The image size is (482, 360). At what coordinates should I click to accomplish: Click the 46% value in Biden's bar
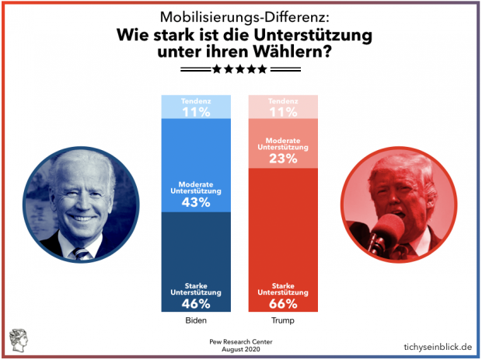(195, 305)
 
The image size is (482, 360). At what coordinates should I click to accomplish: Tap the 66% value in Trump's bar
(284, 305)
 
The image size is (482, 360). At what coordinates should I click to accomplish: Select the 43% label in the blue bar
(195, 202)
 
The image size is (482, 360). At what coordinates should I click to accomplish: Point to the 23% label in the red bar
(284, 158)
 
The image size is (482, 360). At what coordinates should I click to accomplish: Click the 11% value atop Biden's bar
(195, 112)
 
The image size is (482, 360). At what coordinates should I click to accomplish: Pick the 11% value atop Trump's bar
(284, 112)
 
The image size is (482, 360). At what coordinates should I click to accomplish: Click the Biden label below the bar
(195, 320)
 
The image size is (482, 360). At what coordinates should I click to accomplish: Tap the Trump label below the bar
(284, 320)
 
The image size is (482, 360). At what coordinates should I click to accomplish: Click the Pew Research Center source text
(239, 342)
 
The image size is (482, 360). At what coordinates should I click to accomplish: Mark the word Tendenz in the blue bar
(195, 102)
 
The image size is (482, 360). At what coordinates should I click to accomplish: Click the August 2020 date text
(239, 351)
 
